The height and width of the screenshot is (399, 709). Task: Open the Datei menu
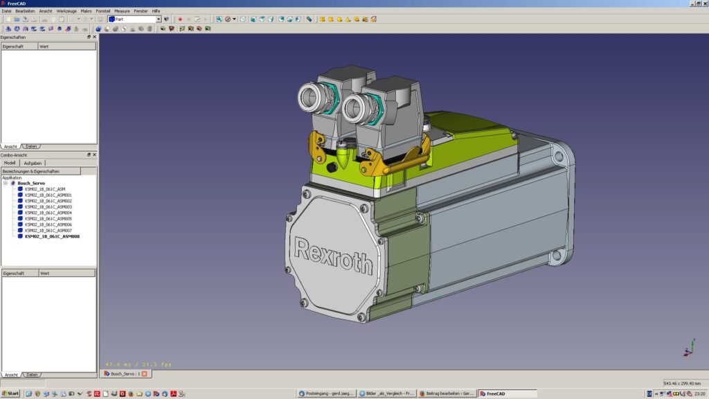[x=6, y=11]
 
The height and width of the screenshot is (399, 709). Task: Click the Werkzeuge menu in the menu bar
[x=66, y=11]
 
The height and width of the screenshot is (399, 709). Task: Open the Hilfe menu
[x=156, y=11]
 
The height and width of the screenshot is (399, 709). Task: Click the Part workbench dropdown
[x=134, y=19]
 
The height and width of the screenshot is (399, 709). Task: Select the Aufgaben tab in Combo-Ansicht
[x=33, y=163]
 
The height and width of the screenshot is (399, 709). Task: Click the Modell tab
[x=10, y=163]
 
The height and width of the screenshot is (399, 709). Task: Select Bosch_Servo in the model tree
[x=31, y=183]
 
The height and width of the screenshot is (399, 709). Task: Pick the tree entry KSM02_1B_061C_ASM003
[x=48, y=206]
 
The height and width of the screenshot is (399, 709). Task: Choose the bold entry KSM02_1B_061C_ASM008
[x=52, y=236]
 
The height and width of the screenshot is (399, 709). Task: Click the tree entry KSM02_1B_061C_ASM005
[x=48, y=218]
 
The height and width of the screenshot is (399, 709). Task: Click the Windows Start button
[x=10, y=393]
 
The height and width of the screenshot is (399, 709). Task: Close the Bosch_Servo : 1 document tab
[x=145, y=373]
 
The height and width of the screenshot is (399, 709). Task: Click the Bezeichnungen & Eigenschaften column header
[x=40, y=171]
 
